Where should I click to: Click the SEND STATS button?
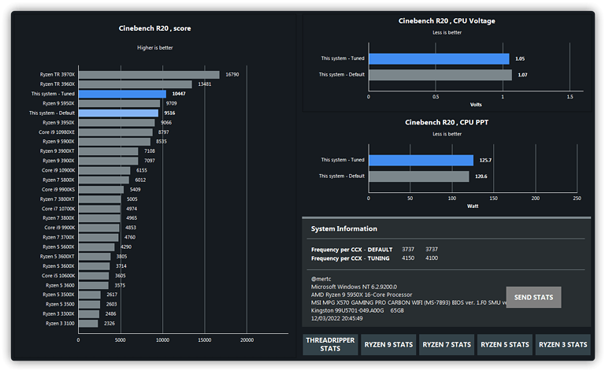(x=533, y=298)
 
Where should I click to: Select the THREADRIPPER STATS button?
(x=330, y=344)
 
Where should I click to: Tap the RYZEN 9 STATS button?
(x=388, y=344)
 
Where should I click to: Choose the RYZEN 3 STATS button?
(x=562, y=344)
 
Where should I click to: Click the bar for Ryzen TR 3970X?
(x=149, y=75)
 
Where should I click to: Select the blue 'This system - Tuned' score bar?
(x=122, y=94)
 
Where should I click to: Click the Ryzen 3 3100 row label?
(x=60, y=323)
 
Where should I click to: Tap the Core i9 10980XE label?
(x=58, y=132)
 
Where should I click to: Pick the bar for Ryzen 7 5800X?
(x=105, y=180)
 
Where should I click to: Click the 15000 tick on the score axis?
(x=205, y=340)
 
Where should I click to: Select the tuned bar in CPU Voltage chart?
(x=439, y=58)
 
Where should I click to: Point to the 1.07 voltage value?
(x=522, y=75)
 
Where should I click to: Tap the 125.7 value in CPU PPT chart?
(x=486, y=160)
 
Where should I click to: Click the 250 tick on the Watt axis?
(x=577, y=198)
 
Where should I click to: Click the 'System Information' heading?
(x=343, y=229)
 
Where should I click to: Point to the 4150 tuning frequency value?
(x=408, y=258)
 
